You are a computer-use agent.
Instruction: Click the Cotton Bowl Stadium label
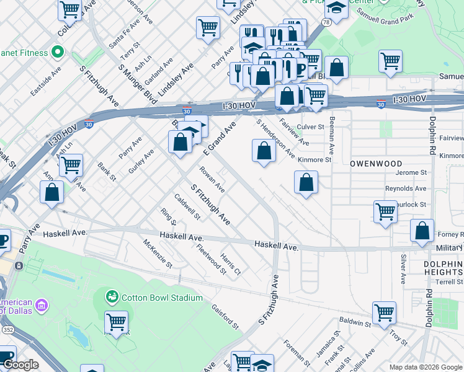[x=162, y=298]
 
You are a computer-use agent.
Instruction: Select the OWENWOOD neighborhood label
[x=376, y=163]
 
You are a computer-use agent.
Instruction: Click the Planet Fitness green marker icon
[x=58, y=53]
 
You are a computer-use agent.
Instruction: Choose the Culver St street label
[x=311, y=126]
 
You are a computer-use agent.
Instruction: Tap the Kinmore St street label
[x=315, y=159]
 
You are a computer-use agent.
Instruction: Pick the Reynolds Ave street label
[x=406, y=188]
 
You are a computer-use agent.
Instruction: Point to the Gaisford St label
[x=225, y=314]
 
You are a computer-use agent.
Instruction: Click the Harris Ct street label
[x=230, y=263]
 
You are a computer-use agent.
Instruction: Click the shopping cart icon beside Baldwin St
[x=385, y=313]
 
